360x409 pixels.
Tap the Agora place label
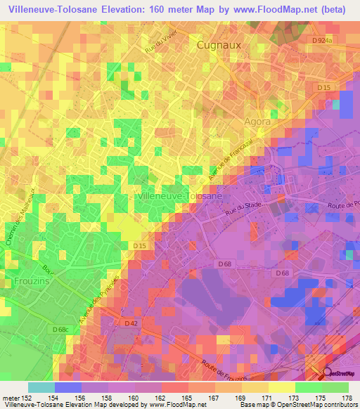[257, 122]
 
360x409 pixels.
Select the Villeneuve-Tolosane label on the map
[181, 197]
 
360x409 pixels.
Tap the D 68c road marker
[61, 328]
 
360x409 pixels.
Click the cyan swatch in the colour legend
[41, 387]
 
